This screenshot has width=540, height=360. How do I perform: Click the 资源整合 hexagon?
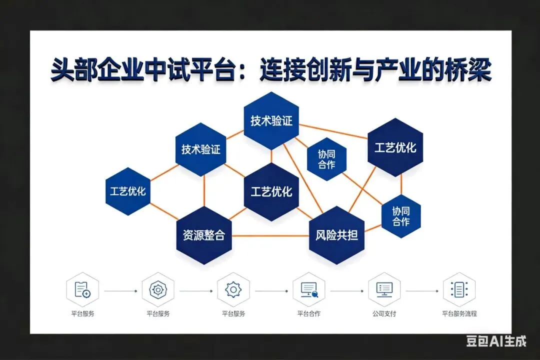[204, 235]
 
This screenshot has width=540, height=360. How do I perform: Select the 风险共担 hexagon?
[336, 235]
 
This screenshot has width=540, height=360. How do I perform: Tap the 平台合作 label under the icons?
[308, 314]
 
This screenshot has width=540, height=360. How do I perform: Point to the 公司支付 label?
[384, 314]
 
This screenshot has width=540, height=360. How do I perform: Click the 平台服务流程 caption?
[459, 314]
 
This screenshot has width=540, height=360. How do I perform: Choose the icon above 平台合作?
[308, 289]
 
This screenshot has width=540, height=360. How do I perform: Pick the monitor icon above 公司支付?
[384, 289]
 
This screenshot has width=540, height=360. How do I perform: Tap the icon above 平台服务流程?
[459, 289]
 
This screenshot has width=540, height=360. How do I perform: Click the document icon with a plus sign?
[82, 289]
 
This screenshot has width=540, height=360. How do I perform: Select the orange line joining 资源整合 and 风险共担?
[270, 235]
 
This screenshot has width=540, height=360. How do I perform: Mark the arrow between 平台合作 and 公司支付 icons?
[346, 290]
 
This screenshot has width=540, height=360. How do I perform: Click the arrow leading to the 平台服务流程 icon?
[421, 290]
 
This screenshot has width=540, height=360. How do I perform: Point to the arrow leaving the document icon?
[120, 290]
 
